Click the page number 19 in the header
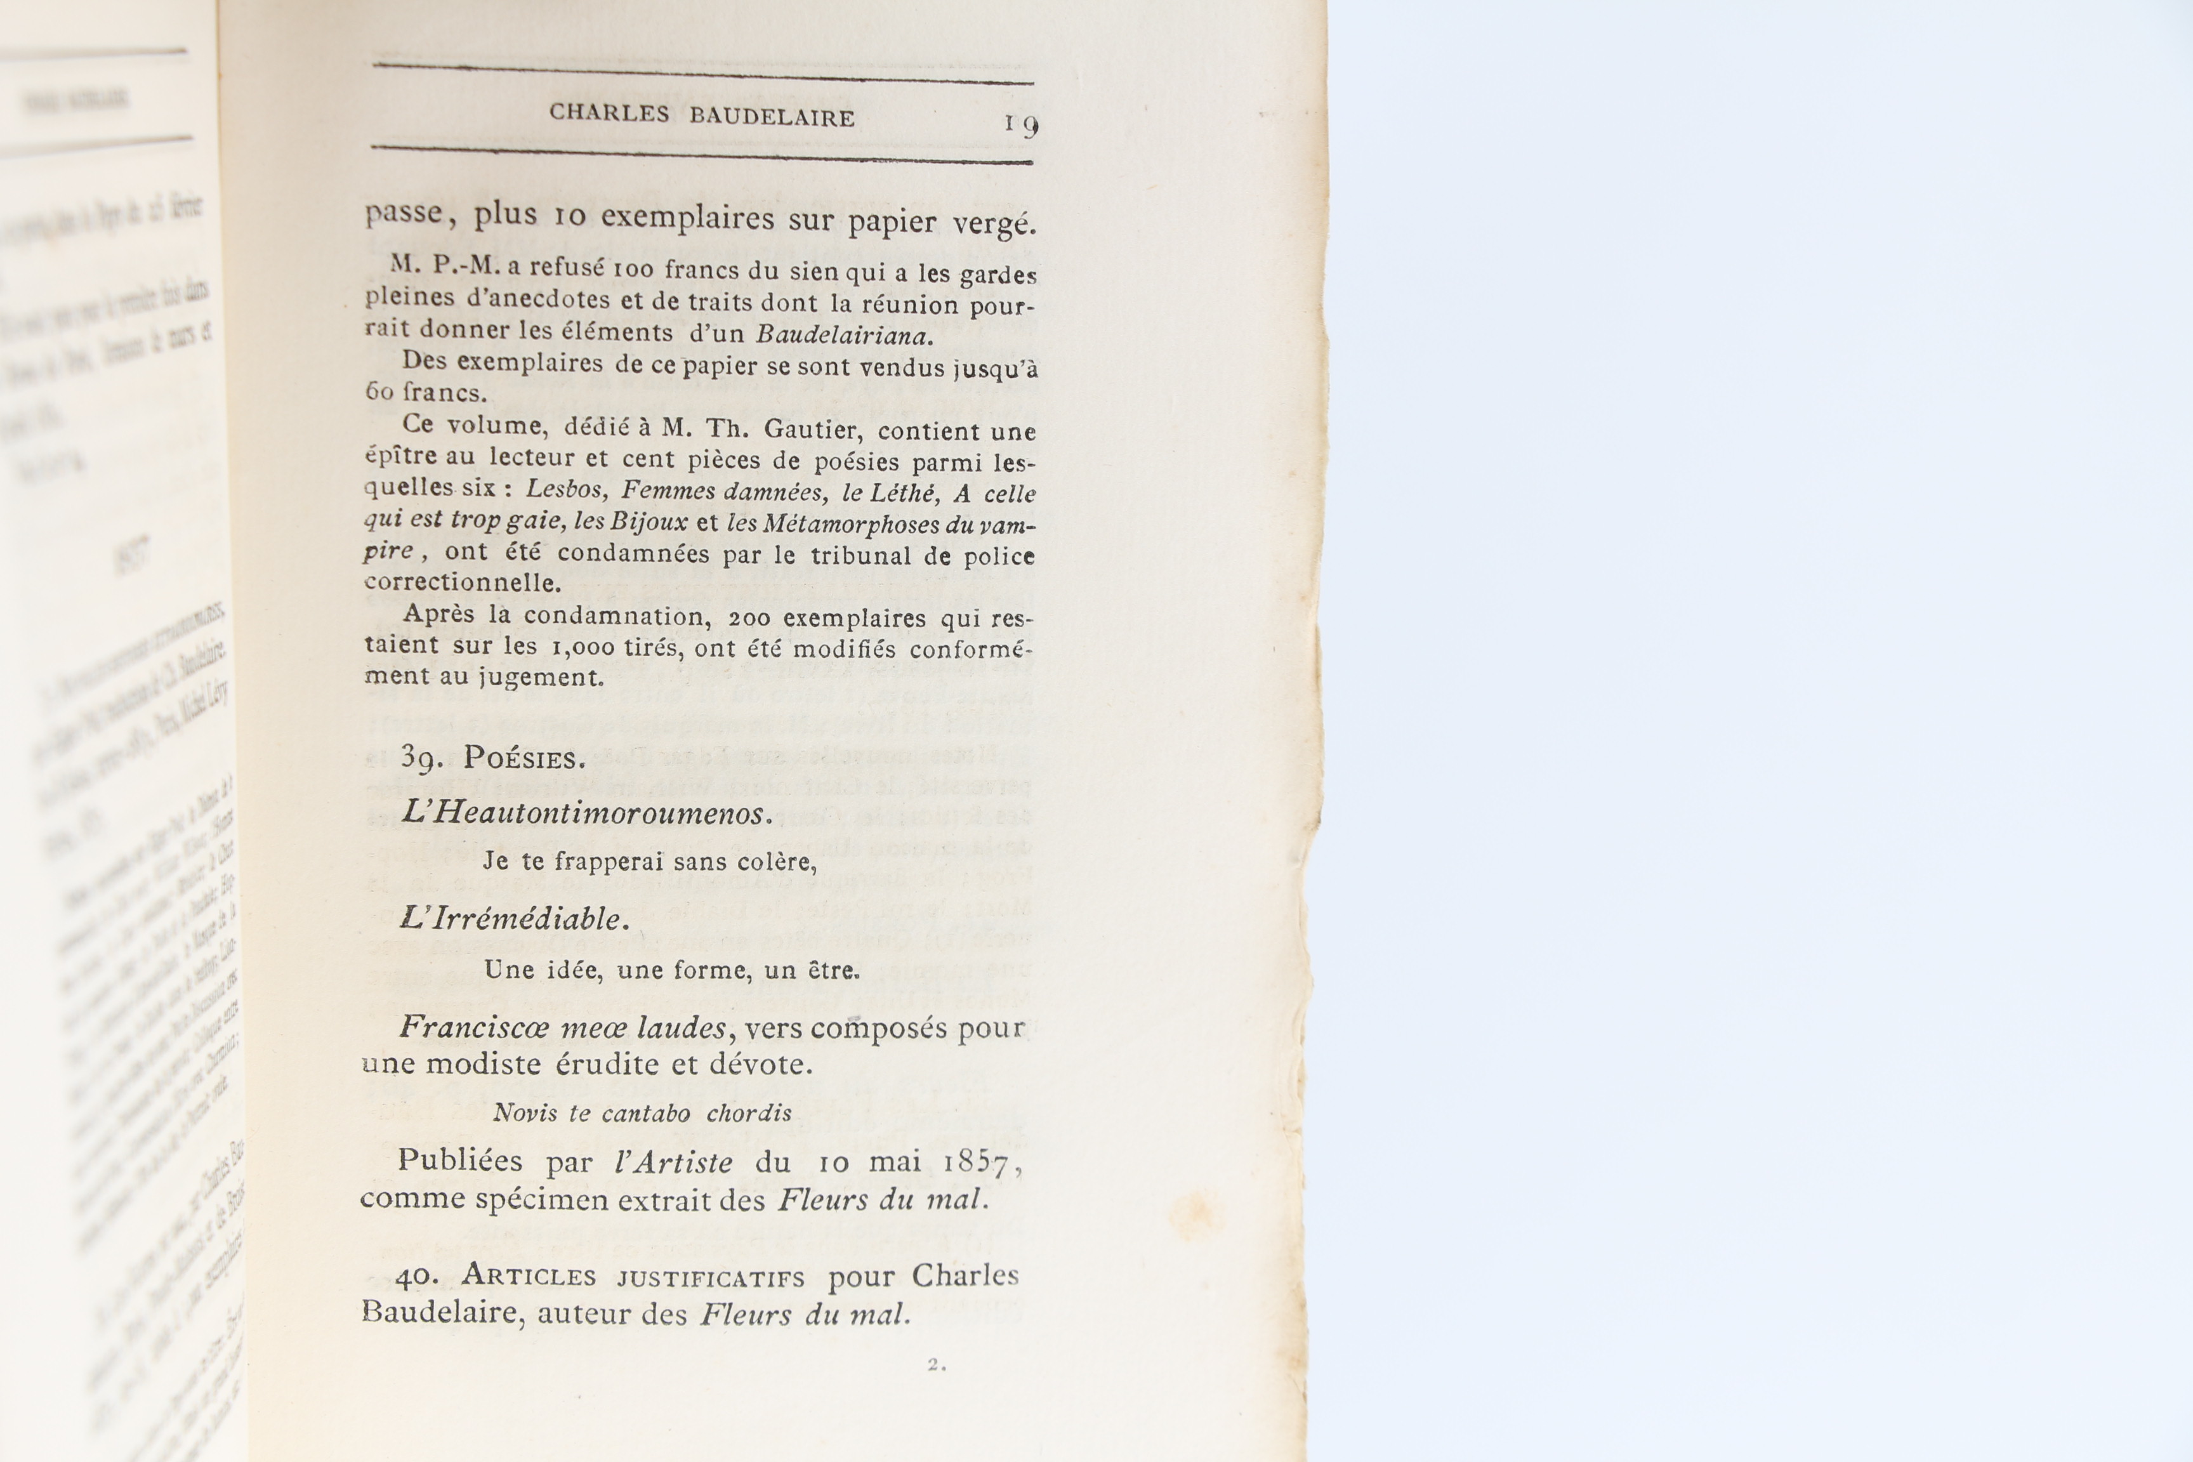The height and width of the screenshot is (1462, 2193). [x=1021, y=124]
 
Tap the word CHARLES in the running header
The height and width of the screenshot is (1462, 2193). [x=609, y=113]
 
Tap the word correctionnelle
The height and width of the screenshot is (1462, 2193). [x=463, y=583]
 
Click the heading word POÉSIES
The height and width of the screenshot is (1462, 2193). [x=524, y=759]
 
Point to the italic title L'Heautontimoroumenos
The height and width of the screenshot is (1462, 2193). [x=586, y=813]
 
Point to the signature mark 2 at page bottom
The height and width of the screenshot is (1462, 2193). [x=935, y=1365]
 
